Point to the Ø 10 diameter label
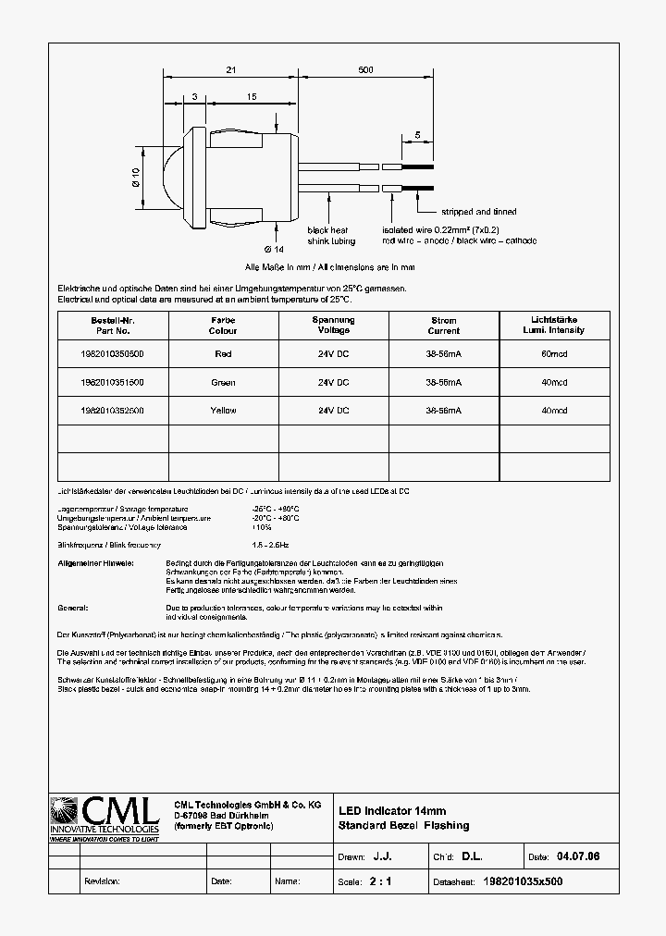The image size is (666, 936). click(136, 178)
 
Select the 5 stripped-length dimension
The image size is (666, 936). click(417, 135)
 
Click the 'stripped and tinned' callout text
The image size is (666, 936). click(478, 212)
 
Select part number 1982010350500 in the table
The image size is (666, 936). click(112, 353)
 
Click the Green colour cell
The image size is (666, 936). click(223, 382)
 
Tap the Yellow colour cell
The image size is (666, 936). click(223, 410)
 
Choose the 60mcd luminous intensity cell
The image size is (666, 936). click(554, 353)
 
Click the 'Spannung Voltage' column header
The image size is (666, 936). click(333, 325)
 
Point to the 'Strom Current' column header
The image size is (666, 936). click(443, 326)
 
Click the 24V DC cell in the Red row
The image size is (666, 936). click(333, 353)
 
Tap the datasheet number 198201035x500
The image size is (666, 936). click(523, 881)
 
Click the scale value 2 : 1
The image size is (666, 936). click(380, 881)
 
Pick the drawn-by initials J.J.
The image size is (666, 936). click(380, 857)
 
